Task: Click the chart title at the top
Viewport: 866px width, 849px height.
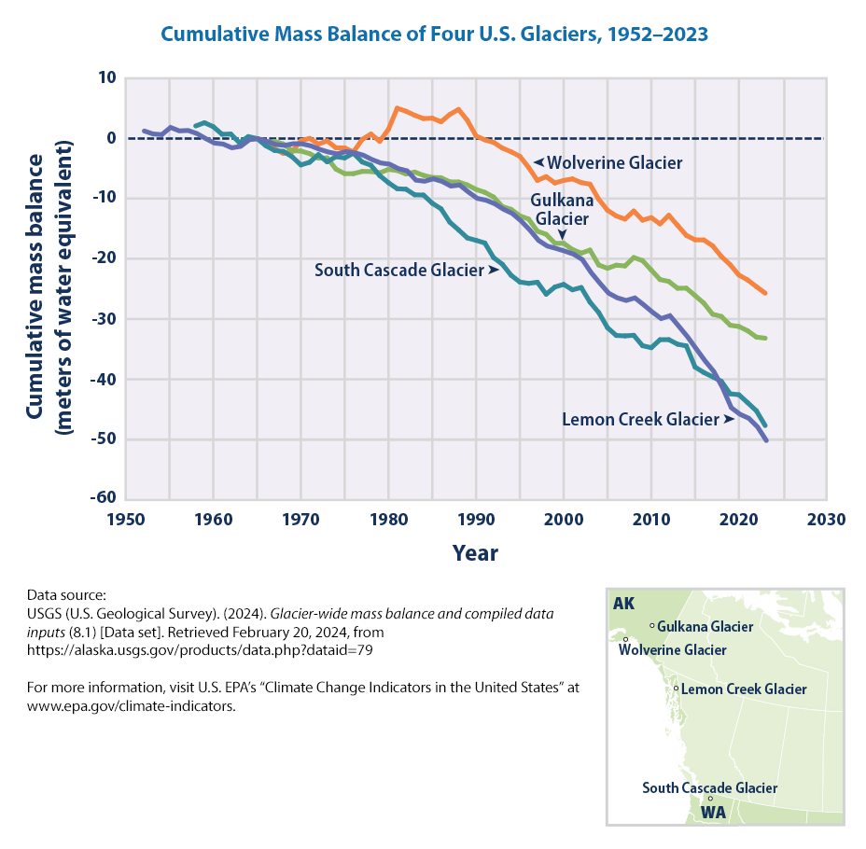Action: pos(434,34)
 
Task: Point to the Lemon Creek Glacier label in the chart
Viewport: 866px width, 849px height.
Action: pos(640,419)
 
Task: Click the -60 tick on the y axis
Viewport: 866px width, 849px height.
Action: pos(103,499)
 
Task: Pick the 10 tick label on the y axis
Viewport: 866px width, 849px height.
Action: pos(105,77)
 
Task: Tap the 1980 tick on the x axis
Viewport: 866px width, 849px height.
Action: pos(388,520)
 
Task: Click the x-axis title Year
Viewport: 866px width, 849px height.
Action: pos(475,552)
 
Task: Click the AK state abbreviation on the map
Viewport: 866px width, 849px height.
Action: pos(623,604)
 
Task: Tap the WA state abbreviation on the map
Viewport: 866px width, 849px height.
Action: pos(713,813)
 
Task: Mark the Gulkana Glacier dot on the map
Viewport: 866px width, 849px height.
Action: pos(651,625)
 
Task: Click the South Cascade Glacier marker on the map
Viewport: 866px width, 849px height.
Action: pos(710,799)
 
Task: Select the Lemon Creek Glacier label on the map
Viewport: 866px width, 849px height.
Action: pos(744,689)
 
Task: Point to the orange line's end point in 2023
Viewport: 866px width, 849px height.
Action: pos(765,293)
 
